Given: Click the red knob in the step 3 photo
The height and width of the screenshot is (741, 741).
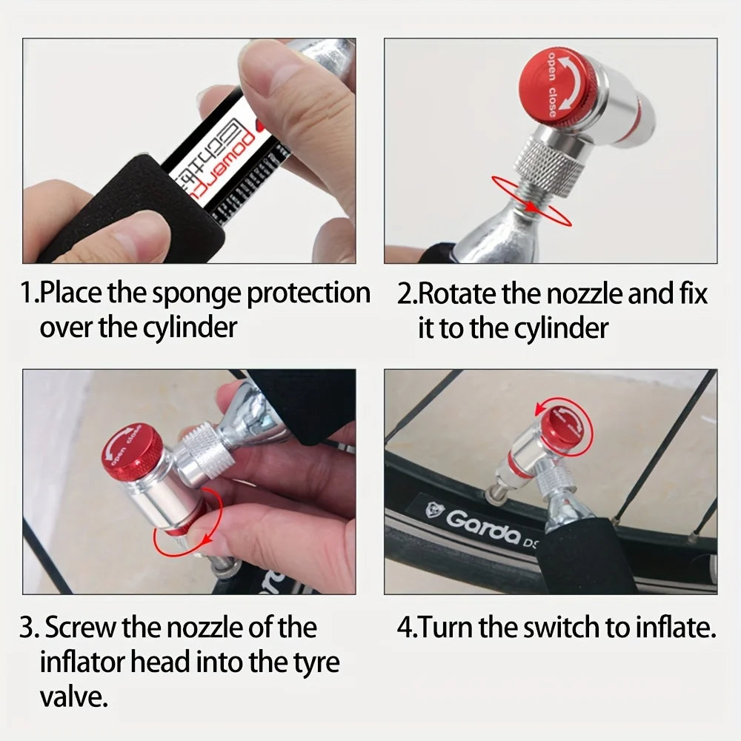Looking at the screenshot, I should (x=132, y=451).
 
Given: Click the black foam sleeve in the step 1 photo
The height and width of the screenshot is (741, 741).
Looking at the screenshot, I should (x=133, y=207).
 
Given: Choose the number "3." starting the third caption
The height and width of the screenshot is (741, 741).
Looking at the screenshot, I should (x=30, y=628).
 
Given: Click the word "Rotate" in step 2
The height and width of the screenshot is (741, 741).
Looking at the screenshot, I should (x=458, y=294).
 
